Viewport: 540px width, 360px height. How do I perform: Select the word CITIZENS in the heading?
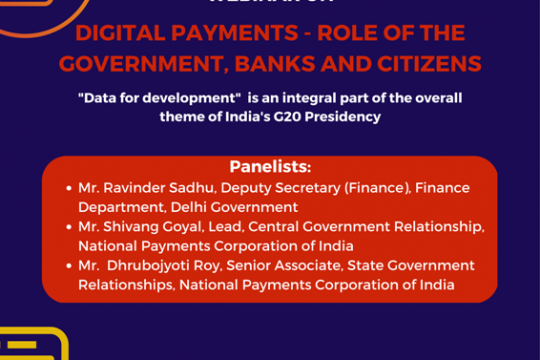tap(427, 64)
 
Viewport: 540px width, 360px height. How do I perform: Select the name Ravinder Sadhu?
tap(154, 187)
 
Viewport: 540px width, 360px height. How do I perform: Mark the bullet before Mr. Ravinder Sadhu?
tap(66, 187)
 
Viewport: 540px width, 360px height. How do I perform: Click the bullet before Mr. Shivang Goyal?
tap(66, 226)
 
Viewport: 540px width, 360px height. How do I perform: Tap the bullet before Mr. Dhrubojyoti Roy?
tap(66, 265)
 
